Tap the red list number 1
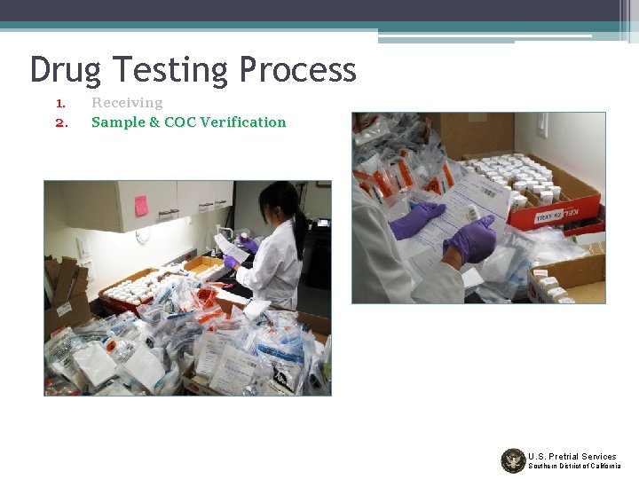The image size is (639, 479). pos(60,103)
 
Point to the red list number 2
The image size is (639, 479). pos(61,122)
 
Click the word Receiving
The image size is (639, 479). pos(127,103)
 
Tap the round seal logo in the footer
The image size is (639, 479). pos(513,460)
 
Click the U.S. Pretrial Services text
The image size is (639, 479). pos(572,456)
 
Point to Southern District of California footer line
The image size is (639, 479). pos(574,467)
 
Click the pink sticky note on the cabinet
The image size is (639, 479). pos(141,206)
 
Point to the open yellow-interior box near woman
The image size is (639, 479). pos(206,267)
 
